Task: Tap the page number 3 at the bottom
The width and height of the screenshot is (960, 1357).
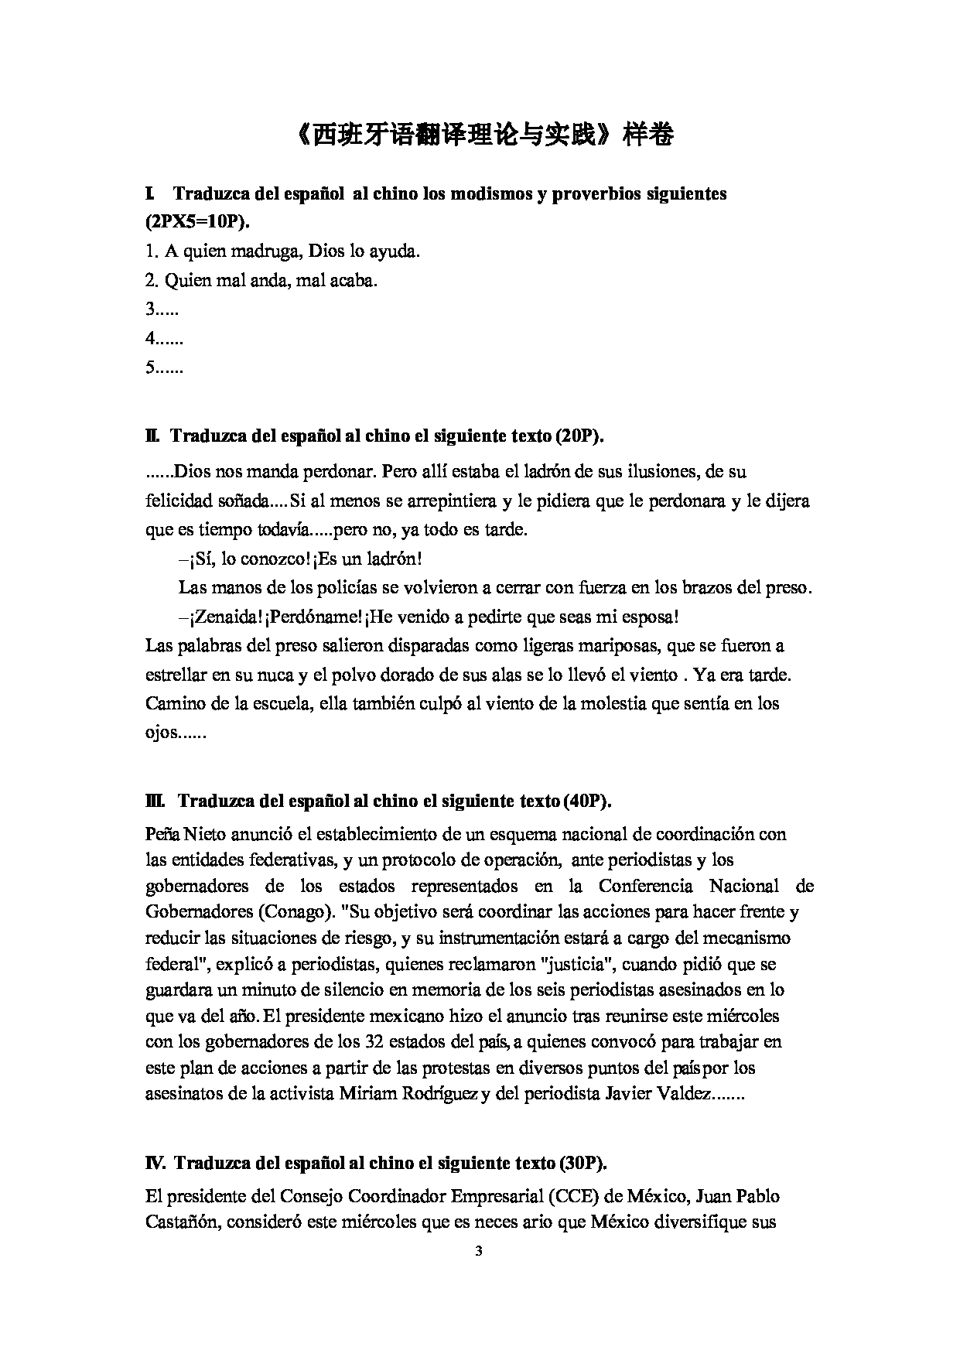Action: [479, 1250]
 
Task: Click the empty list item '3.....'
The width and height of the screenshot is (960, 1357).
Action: [162, 309]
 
